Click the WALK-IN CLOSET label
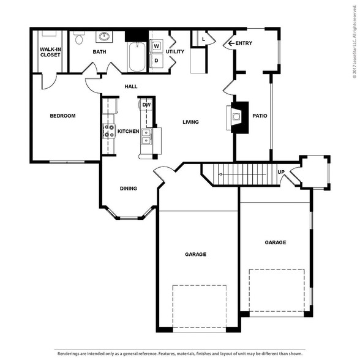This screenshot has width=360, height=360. (x=50, y=52)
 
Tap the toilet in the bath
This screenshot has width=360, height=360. (x=79, y=38)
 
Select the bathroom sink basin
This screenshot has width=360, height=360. (x=104, y=36)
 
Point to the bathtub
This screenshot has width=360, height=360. (x=137, y=57)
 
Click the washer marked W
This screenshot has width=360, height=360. (x=156, y=46)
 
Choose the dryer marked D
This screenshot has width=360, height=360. (x=156, y=61)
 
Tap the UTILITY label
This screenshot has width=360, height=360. (x=175, y=51)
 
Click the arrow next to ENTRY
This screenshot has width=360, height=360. (x=231, y=43)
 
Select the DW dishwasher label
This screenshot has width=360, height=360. (x=146, y=105)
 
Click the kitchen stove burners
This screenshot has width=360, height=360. (x=109, y=131)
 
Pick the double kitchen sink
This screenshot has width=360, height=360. (x=146, y=137)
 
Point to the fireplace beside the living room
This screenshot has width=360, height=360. (x=238, y=117)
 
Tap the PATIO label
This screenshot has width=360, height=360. (x=260, y=116)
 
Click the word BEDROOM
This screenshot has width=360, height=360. (x=62, y=116)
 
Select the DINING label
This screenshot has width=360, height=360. (x=129, y=189)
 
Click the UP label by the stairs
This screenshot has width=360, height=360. (x=281, y=172)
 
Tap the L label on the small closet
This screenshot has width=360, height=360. (x=203, y=39)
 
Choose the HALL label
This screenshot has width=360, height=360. (x=131, y=86)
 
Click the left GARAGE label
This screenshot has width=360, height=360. (x=196, y=254)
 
